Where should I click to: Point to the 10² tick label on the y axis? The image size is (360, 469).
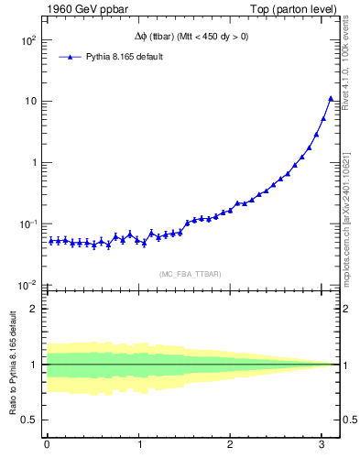tap(27, 40)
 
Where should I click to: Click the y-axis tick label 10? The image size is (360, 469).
tap(29, 102)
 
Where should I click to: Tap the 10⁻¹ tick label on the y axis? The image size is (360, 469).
tap(27, 224)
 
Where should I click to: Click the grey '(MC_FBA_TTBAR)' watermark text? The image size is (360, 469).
tap(189, 275)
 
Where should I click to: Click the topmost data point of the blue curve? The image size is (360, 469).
tap(331, 98)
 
